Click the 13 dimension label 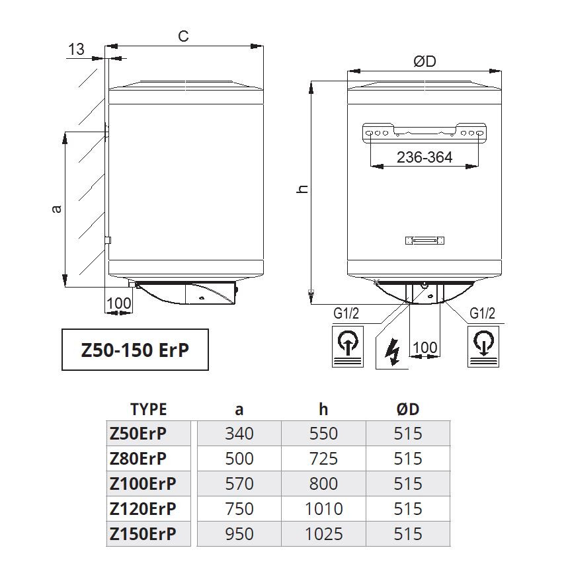77,50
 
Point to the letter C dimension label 183,36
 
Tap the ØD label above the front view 425,61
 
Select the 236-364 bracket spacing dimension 425,157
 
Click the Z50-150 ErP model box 135,350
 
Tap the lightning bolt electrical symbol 392,352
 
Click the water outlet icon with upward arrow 348,346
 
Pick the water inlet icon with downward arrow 483,346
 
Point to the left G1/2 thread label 346,313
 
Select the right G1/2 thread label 482,313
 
